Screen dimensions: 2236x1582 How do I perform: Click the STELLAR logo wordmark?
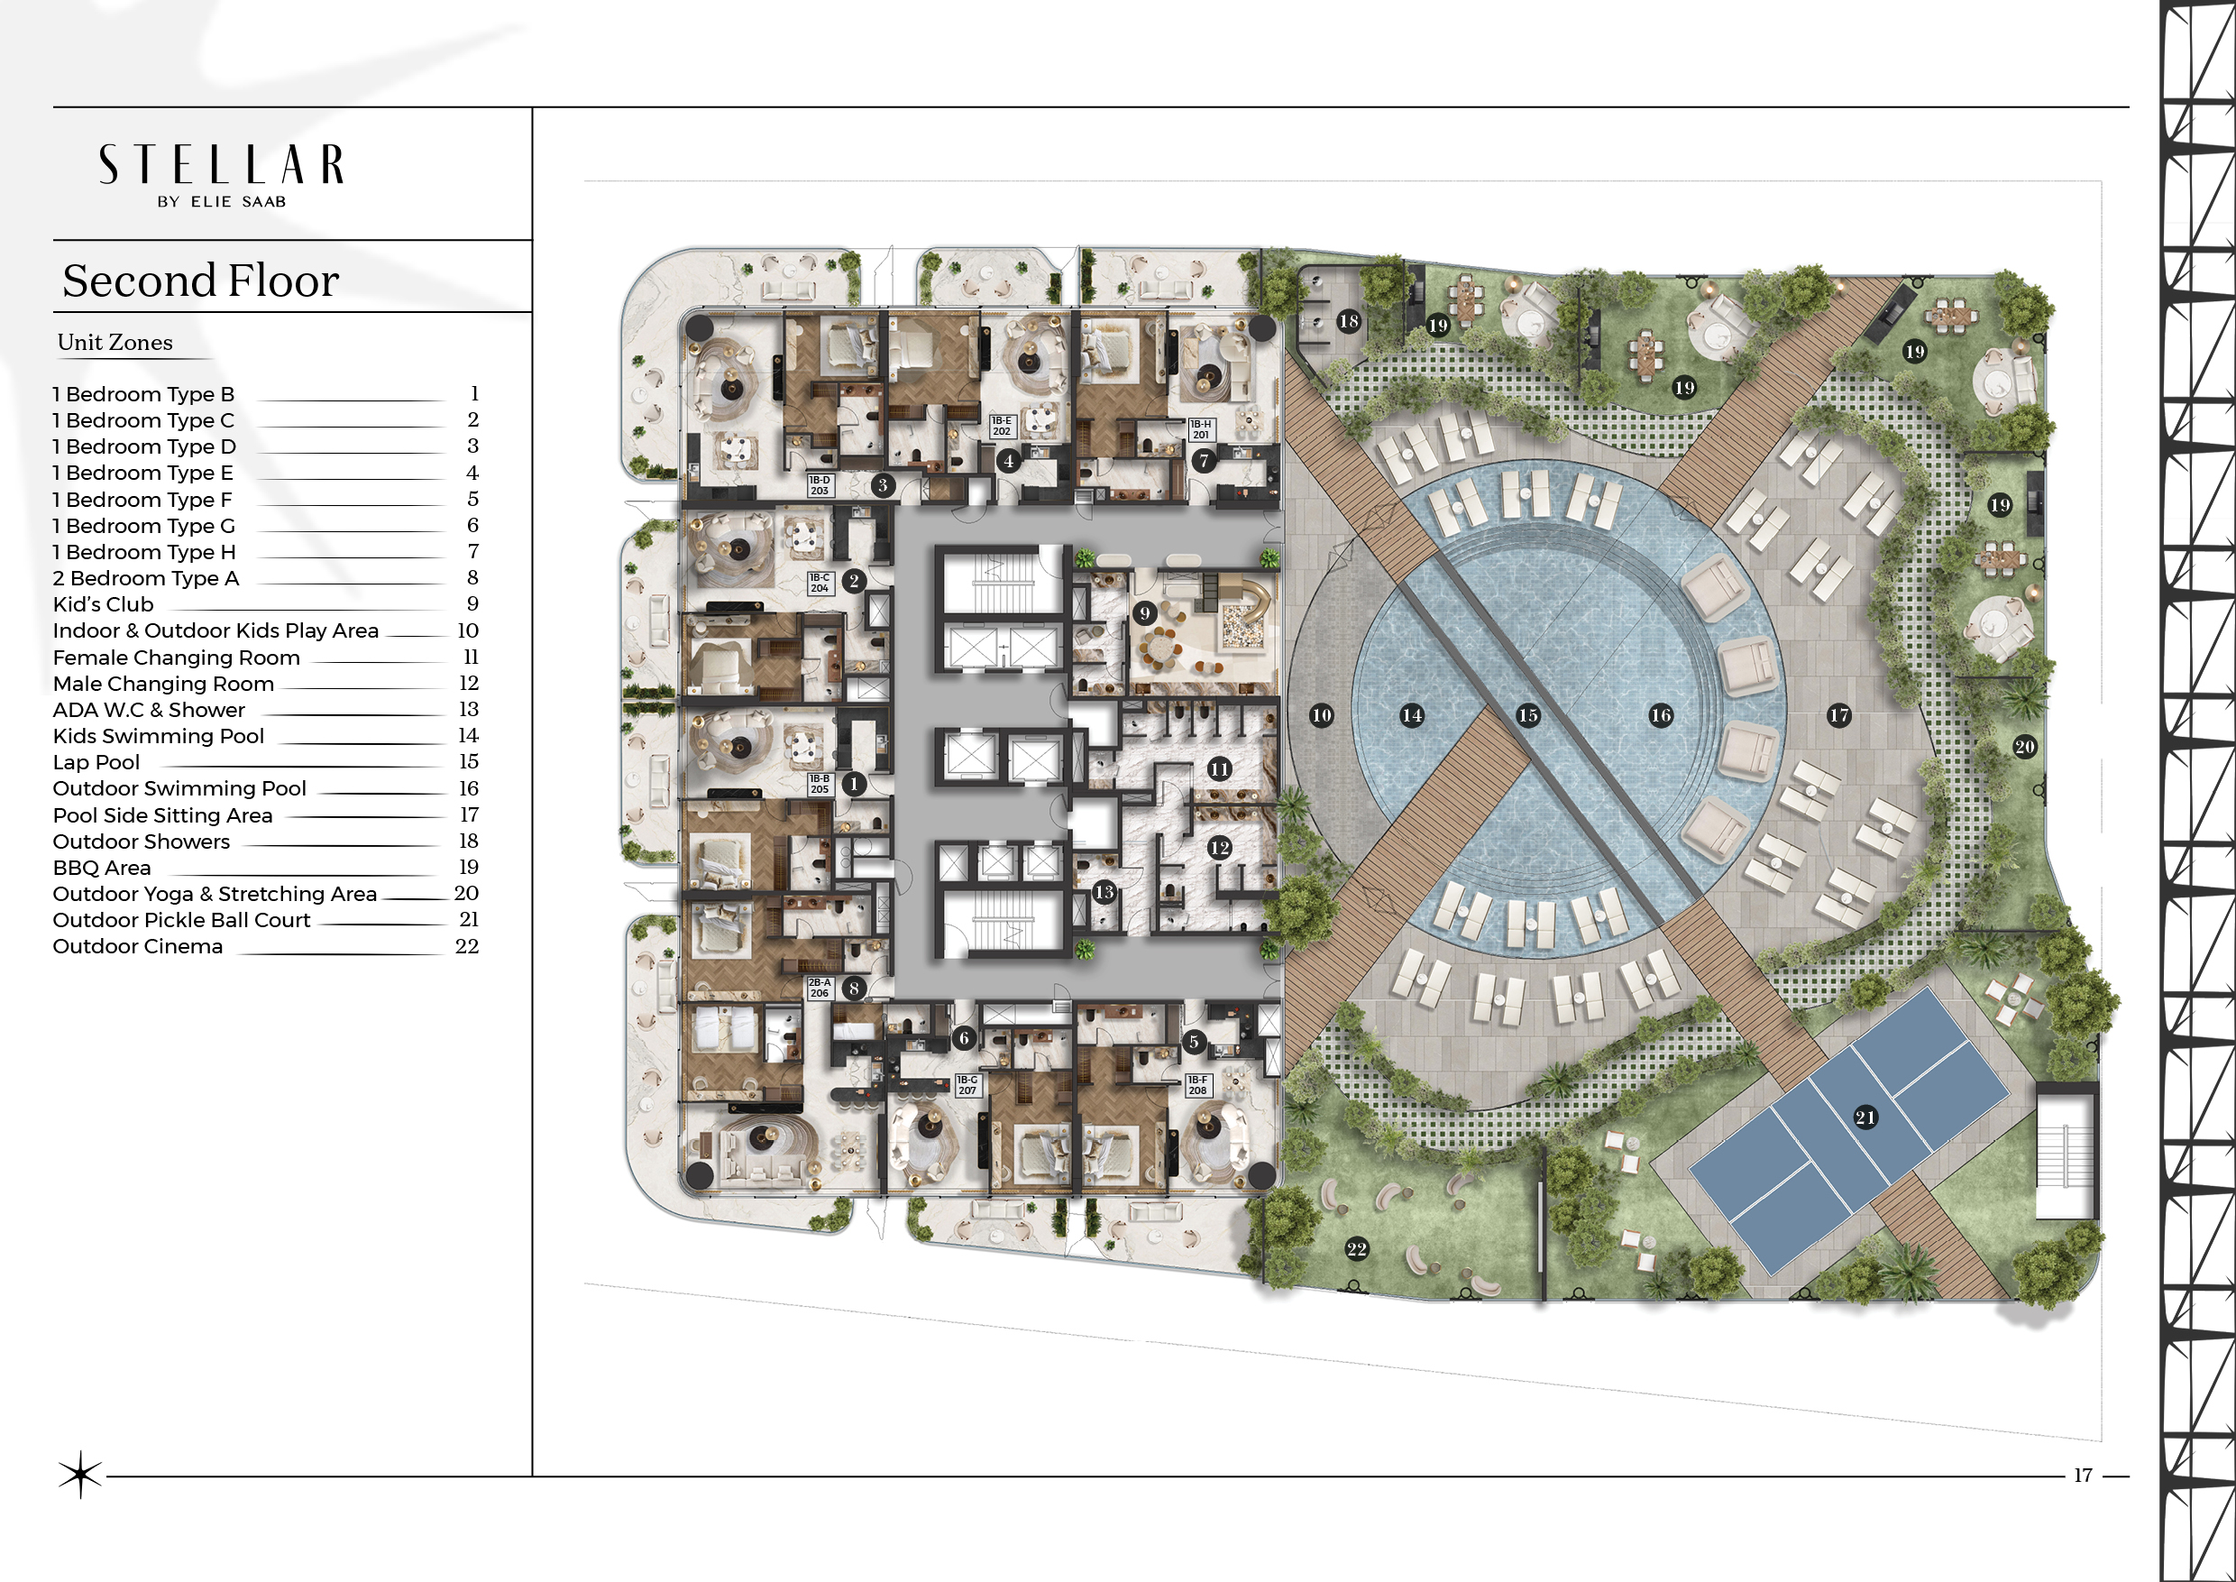(x=221, y=165)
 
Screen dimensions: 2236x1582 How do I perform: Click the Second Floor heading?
(x=201, y=281)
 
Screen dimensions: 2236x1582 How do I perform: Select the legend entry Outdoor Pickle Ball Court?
(x=181, y=921)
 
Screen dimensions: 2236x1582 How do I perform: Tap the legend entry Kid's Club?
(x=103, y=605)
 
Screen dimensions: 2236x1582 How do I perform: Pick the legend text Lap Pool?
(x=96, y=763)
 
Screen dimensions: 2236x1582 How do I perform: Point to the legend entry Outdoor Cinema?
(x=137, y=947)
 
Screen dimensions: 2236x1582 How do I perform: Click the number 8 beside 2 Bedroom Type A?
(x=472, y=577)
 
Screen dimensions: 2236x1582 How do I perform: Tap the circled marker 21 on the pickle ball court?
(x=1865, y=1118)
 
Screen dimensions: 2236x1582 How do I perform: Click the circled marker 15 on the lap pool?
(x=1528, y=715)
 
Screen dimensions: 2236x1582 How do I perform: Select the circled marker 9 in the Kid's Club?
(x=1144, y=613)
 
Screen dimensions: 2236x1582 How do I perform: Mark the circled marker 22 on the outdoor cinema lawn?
(x=1357, y=1249)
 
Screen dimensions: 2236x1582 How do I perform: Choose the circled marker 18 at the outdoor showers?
(x=1349, y=320)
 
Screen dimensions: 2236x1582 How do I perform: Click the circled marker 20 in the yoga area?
(x=2025, y=747)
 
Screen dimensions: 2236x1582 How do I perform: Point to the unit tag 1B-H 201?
(x=1201, y=429)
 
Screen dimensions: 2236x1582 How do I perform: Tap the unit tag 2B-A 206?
(x=820, y=988)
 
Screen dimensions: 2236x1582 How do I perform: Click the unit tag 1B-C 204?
(x=820, y=584)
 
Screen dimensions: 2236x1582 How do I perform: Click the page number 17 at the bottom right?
(x=2083, y=1475)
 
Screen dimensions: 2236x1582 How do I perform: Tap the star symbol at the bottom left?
(x=80, y=1475)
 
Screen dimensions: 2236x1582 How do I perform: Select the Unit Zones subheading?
(x=115, y=342)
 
